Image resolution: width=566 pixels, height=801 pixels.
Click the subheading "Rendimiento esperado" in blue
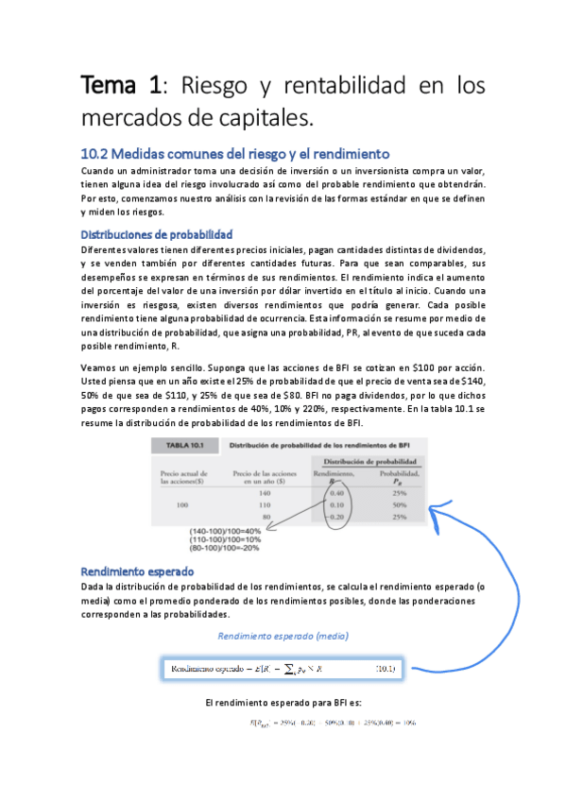click(137, 571)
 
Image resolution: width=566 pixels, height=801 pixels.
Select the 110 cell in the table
click(263, 504)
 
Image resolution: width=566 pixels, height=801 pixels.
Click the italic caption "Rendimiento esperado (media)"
click(282, 636)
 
